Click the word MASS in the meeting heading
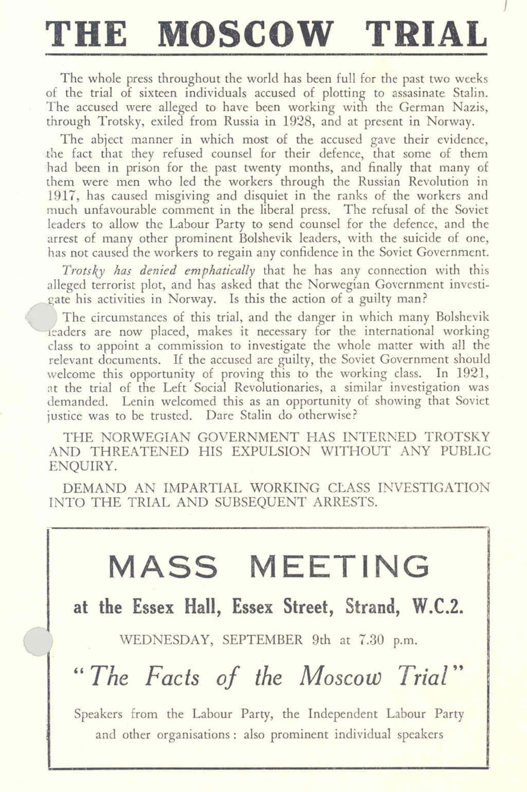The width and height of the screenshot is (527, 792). tap(163, 566)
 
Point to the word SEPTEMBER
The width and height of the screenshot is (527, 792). tap(263, 641)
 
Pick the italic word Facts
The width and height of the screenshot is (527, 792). tap(173, 677)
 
